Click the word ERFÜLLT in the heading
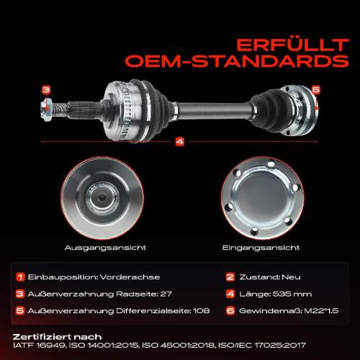point(292,45)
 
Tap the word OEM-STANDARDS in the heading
point(237,61)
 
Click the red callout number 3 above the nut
point(46,90)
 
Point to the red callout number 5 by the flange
point(316,89)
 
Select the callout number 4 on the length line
point(180,142)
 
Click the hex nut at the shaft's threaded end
point(46,110)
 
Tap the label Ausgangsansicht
point(105,248)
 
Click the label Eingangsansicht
point(261,248)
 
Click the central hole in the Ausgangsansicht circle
point(102,198)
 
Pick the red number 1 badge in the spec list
point(20,277)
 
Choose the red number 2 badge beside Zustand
point(230,277)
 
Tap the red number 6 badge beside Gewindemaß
point(230,311)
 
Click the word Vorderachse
point(130,277)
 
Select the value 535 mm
point(292,294)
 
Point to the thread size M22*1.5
point(321,311)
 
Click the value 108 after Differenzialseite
point(202,311)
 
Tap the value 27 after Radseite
point(166,294)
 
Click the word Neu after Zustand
point(291,277)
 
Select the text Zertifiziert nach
point(57,337)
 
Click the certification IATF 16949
point(39,346)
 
